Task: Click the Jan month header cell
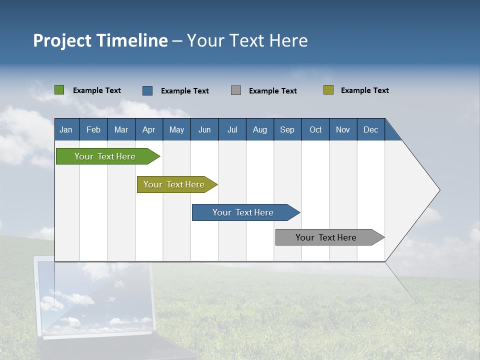pyautogui.click(x=66, y=129)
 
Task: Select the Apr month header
pyautogui.click(x=148, y=129)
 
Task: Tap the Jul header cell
pyautogui.click(x=232, y=129)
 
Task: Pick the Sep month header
pyautogui.click(x=287, y=129)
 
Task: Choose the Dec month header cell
pyautogui.click(x=370, y=129)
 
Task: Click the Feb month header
pyautogui.click(x=93, y=129)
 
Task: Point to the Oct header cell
pyautogui.click(x=315, y=129)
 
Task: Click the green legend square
pyautogui.click(x=59, y=90)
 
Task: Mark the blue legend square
pyautogui.click(x=147, y=90)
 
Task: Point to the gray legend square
pyautogui.click(x=236, y=90)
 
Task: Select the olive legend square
pyautogui.click(x=328, y=90)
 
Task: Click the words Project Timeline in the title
pyautogui.click(x=100, y=40)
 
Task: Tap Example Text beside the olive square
pyautogui.click(x=364, y=90)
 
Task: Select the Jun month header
pyautogui.click(x=204, y=129)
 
